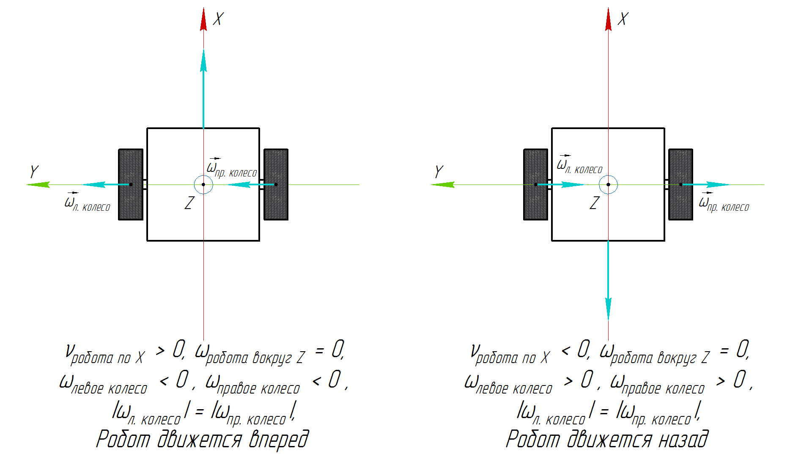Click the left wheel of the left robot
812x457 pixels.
131,199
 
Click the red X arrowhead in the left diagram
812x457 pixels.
203,20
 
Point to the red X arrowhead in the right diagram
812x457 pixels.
608,20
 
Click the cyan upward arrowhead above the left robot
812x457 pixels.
203,61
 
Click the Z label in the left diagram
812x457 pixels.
189,203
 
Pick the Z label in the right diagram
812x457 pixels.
594,203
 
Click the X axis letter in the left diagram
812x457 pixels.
218,19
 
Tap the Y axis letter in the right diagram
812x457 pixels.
439,172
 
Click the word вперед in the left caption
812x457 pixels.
278,439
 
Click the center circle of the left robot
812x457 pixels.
203,184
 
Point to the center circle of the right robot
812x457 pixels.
608,184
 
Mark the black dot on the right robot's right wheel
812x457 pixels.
680,184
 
